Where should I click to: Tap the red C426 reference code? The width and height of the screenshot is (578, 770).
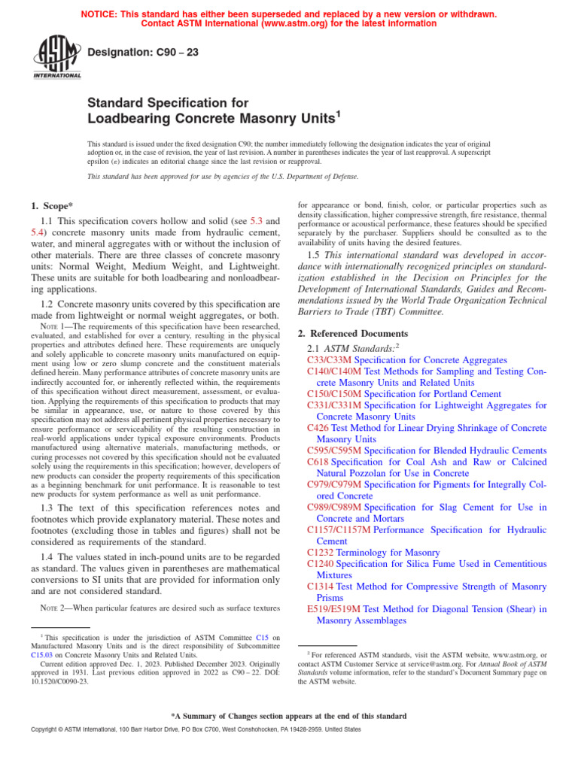coord(318,427)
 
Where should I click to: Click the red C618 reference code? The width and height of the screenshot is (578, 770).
coord(318,461)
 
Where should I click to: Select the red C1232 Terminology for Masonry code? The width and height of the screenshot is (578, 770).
coord(321,552)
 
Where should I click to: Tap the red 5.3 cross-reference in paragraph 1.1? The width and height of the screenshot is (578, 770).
coord(252,222)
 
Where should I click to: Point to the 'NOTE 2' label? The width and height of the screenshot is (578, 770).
coord(51,608)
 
